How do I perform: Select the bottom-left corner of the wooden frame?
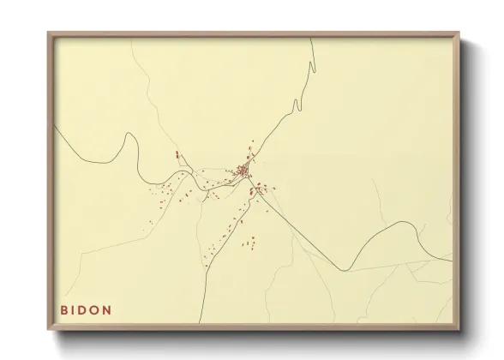[48, 330]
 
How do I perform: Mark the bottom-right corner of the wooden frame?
[460, 330]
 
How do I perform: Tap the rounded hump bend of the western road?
[130, 137]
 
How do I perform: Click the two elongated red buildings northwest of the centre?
[179, 157]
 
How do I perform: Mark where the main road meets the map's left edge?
[55, 126]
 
